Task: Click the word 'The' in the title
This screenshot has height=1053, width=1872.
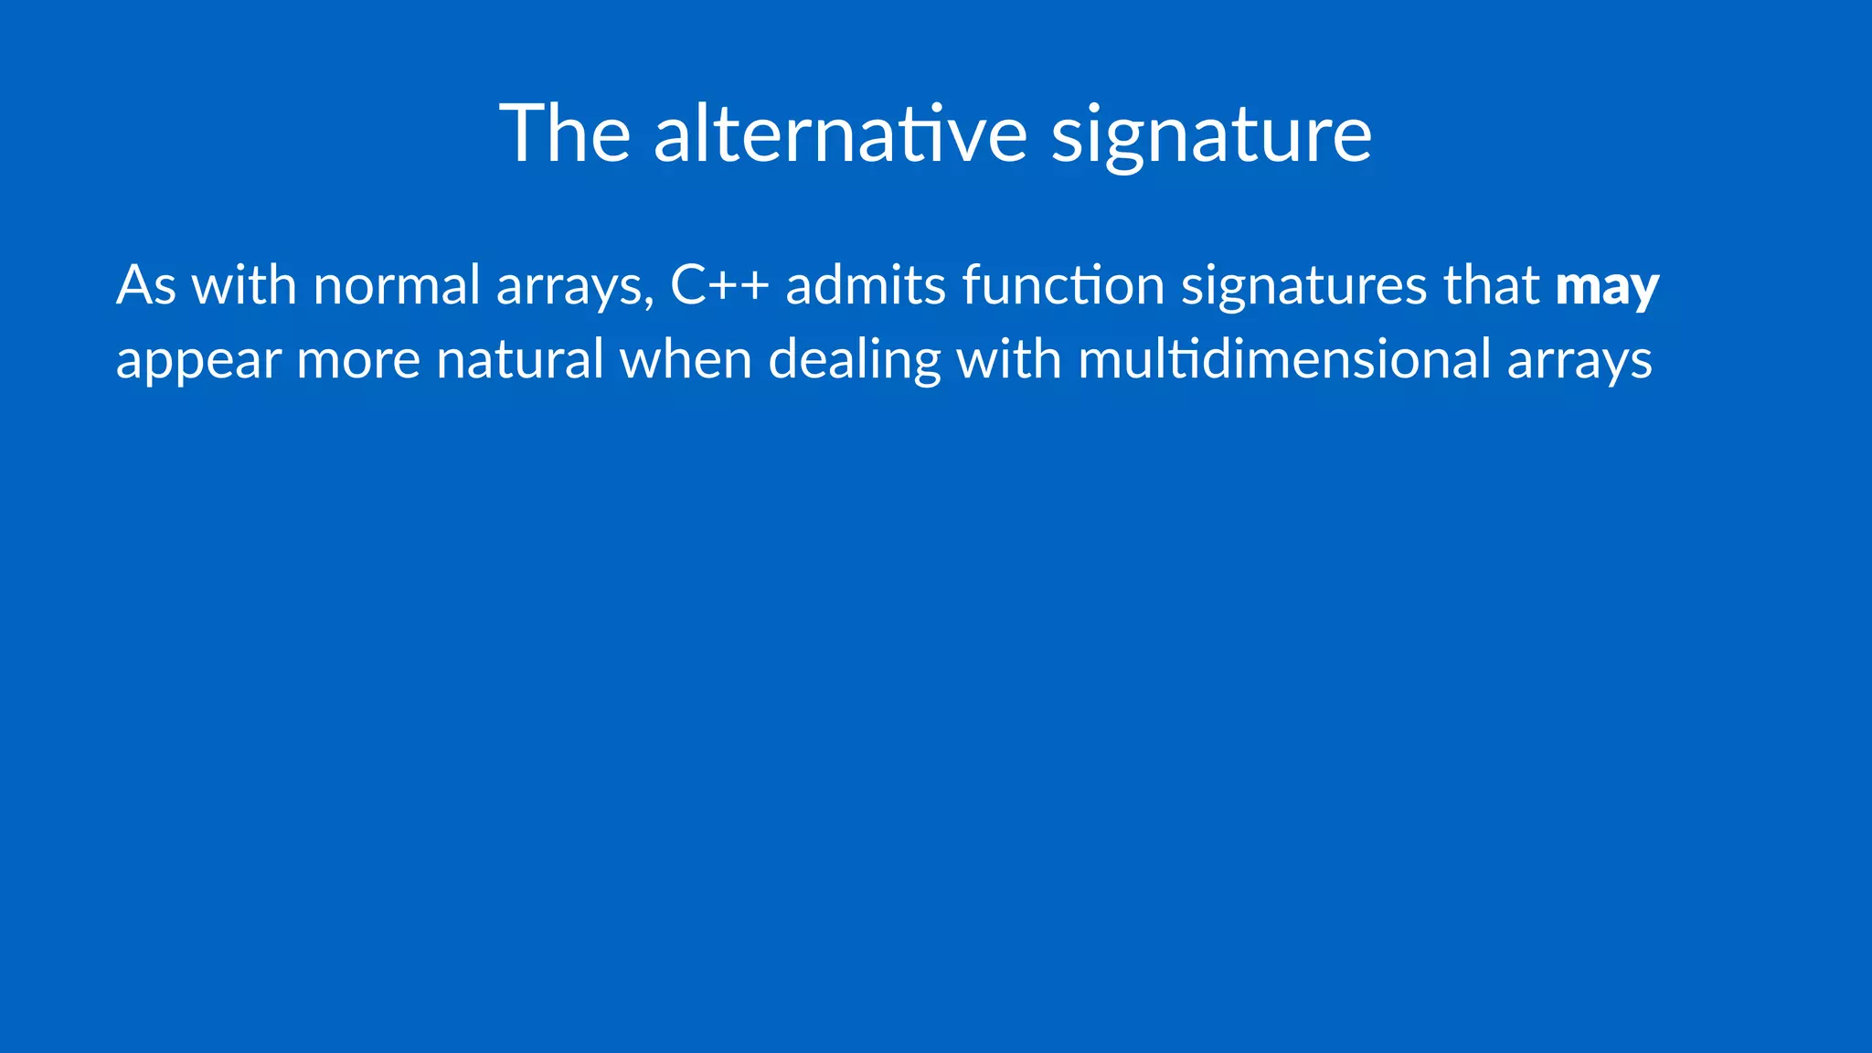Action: [565, 133]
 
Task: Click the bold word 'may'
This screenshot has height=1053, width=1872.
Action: [1607, 286]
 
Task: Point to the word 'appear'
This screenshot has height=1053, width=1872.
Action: [198, 360]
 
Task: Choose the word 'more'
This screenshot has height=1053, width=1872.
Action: [358, 360]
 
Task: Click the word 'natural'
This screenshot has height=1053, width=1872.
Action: [519, 358]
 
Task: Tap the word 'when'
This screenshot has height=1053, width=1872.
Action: [686, 358]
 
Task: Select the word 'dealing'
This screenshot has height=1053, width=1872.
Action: [855, 360]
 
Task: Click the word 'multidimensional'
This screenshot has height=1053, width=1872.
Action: [1284, 358]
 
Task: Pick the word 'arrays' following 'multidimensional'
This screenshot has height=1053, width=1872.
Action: [1579, 360]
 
